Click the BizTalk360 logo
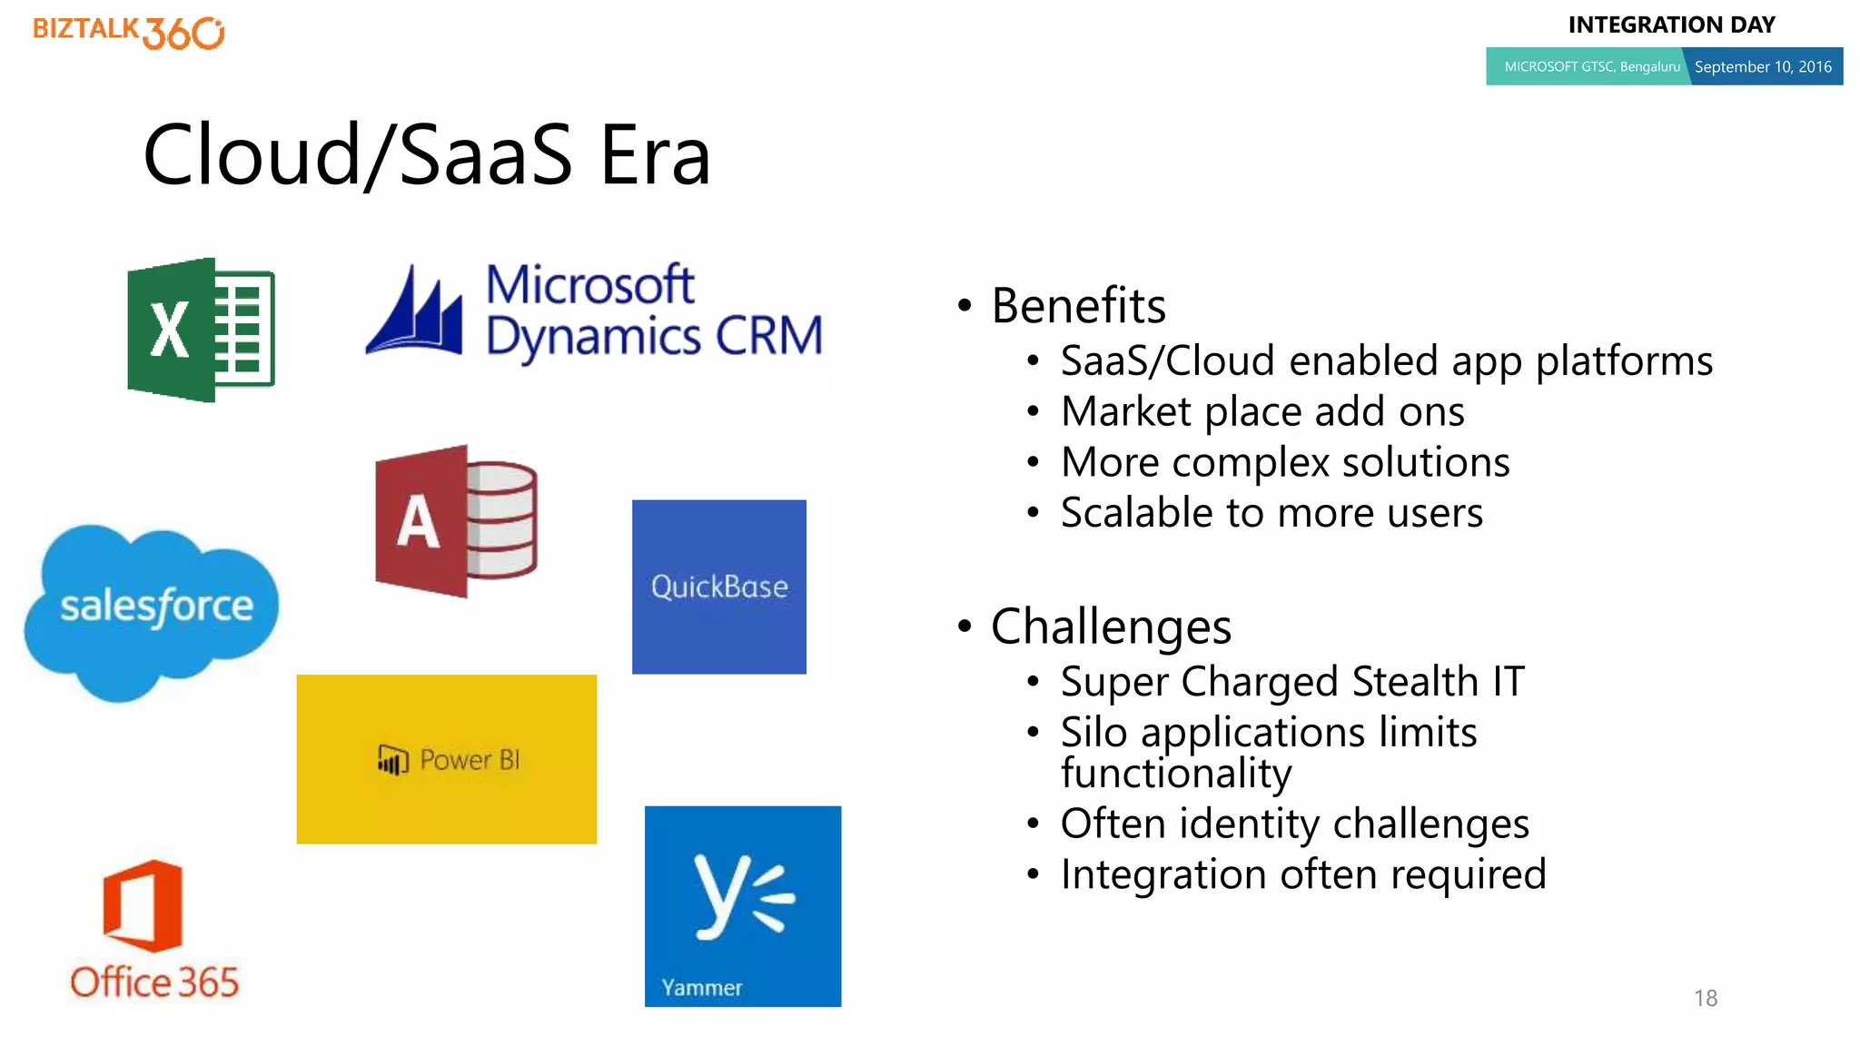(128, 32)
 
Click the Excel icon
(201, 330)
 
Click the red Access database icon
(456, 521)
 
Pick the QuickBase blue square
(718, 587)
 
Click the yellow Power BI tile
(446, 759)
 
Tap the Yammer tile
(742, 905)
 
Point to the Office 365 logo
(153, 931)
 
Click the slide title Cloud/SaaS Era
(427, 155)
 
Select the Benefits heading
(1078, 306)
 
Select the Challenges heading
(1111, 627)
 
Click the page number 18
(1705, 998)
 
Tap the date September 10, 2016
(1762, 67)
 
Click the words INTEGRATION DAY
(1671, 25)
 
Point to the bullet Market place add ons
(1261, 411)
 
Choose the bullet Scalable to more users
(1271, 513)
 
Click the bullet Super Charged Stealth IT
(1291, 682)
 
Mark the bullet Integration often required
(1302, 874)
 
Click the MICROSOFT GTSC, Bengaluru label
(1591, 67)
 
